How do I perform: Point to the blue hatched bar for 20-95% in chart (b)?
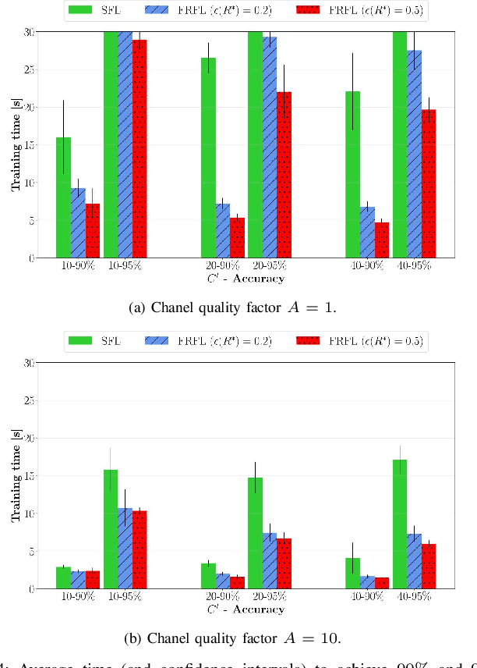270,561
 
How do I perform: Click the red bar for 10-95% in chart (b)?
140,549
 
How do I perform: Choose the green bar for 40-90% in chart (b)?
353,574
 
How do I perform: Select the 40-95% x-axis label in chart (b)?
415,597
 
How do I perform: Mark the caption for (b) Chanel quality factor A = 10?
232,638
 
